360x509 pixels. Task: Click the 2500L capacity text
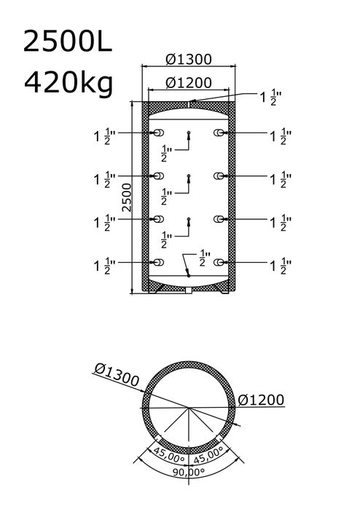pos(68,42)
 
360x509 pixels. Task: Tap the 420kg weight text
pos(69,84)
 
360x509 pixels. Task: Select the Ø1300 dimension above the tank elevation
pos(189,59)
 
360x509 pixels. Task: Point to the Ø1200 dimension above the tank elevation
pos(189,83)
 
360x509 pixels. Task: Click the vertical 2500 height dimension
pos(127,197)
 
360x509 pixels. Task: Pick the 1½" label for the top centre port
pos(270,98)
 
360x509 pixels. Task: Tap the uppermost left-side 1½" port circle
pos(159,133)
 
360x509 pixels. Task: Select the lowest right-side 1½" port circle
pos(219,262)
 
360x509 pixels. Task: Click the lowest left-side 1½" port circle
pos(159,262)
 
